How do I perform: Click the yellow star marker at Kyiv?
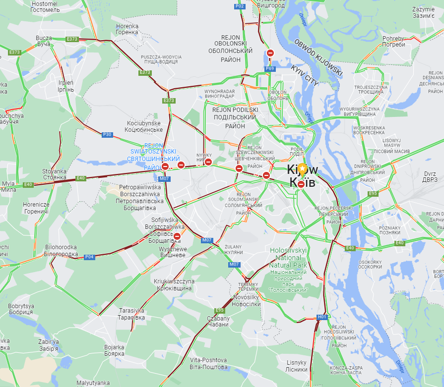click(x=302, y=168)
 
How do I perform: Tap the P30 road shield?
click(x=107, y=135)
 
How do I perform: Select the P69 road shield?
click(x=270, y=69)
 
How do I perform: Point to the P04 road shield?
click(x=89, y=257)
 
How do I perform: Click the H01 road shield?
click(x=322, y=317)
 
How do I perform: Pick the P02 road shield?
click(x=240, y=6)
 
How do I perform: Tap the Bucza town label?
click(x=44, y=41)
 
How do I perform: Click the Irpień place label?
click(x=66, y=86)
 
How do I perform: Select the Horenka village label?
click(x=127, y=29)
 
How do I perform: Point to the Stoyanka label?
click(x=54, y=174)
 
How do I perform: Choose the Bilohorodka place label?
click(x=61, y=251)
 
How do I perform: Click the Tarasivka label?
click(x=131, y=314)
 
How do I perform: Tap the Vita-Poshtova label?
click(x=208, y=363)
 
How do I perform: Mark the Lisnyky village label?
click(x=297, y=366)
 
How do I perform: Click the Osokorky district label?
click(x=370, y=264)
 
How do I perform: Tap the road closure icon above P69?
click(x=270, y=53)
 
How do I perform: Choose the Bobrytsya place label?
click(x=21, y=309)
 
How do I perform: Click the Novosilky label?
click(x=246, y=300)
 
